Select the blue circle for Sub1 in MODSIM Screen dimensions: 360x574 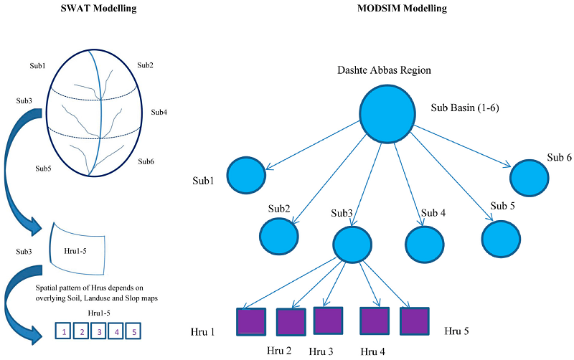[247, 175]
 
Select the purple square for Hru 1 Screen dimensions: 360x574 [251, 321]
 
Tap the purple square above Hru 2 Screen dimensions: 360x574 [291, 323]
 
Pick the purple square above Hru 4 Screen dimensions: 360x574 [374, 321]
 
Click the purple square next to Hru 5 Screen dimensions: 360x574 [415, 321]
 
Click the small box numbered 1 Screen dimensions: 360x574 [65, 331]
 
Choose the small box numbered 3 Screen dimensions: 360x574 [99, 331]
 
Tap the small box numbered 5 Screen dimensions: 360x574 [133, 331]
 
